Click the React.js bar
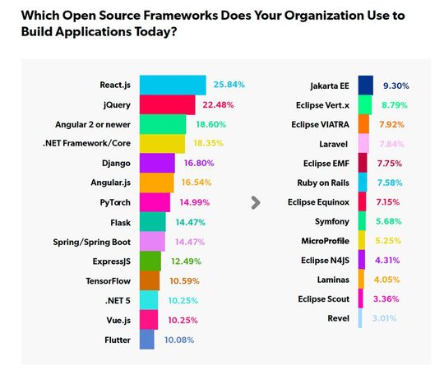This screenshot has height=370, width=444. [x=173, y=85]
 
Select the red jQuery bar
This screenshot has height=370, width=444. [x=167, y=104]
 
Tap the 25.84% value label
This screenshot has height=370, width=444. [x=229, y=85]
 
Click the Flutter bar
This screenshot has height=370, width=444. [x=147, y=339]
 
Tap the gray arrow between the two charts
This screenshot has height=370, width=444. [x=256, y=201]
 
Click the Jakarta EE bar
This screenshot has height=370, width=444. [x=366, y=86]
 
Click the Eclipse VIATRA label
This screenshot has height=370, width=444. [x=322, y=125]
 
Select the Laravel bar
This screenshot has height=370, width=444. [x=364, y=144]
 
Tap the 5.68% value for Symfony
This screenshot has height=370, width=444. [x=389, y=221]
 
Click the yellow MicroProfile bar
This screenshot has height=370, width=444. [x=363, y=241]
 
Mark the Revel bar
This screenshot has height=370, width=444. [x=361, y=318]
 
